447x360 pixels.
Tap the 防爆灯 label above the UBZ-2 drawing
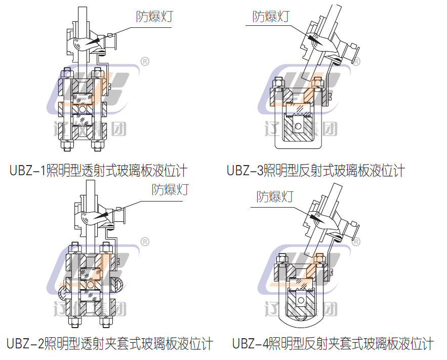170,189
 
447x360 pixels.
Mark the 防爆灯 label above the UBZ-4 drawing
274,196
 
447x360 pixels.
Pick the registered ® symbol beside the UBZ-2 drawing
144,242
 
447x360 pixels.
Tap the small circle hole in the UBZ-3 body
299,126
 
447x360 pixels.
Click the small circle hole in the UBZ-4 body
301,301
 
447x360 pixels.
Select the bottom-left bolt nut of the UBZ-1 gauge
66,147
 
